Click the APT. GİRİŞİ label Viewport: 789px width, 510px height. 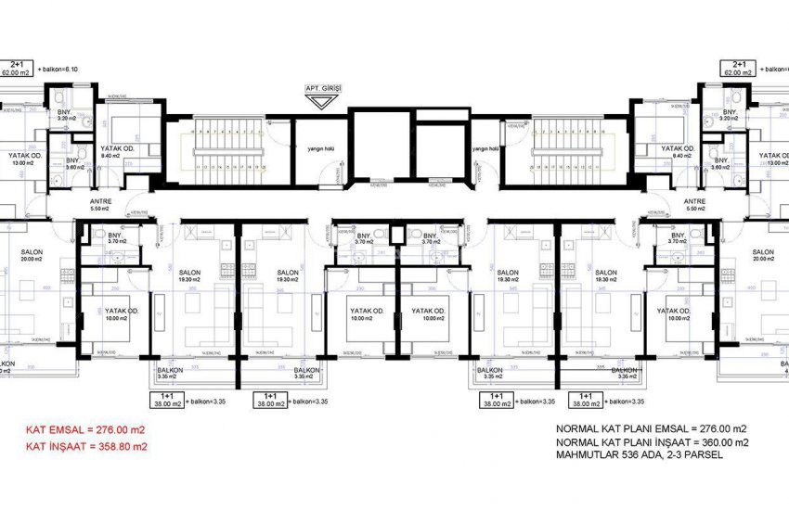click(x=323, y=88)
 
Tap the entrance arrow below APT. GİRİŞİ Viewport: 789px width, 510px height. click(x=323, y=101)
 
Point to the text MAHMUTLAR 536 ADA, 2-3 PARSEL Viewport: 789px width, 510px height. click(x=641, y=455)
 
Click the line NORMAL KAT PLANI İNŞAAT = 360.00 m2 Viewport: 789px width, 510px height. click(x=651, y=442)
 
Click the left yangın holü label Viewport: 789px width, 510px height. click(x=307, y=148)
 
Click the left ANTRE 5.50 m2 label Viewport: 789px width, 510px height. click(x=100, y=205)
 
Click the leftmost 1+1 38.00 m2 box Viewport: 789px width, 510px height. click(x=167, y=399)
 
